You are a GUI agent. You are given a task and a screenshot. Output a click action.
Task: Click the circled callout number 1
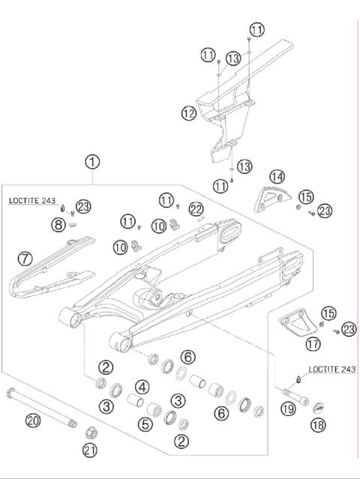92,161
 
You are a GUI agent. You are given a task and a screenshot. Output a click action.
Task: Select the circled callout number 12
188,113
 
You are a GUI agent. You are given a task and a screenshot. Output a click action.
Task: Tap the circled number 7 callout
25,259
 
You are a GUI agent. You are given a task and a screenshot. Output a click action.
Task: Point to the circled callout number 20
32,421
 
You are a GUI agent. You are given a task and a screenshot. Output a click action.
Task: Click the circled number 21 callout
91,450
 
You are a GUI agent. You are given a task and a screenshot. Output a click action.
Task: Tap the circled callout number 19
287,409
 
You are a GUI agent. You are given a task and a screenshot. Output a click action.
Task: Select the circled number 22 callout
196,208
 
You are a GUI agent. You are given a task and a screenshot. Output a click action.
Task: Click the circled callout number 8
58,223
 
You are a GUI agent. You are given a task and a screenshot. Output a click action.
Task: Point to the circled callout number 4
140,387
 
